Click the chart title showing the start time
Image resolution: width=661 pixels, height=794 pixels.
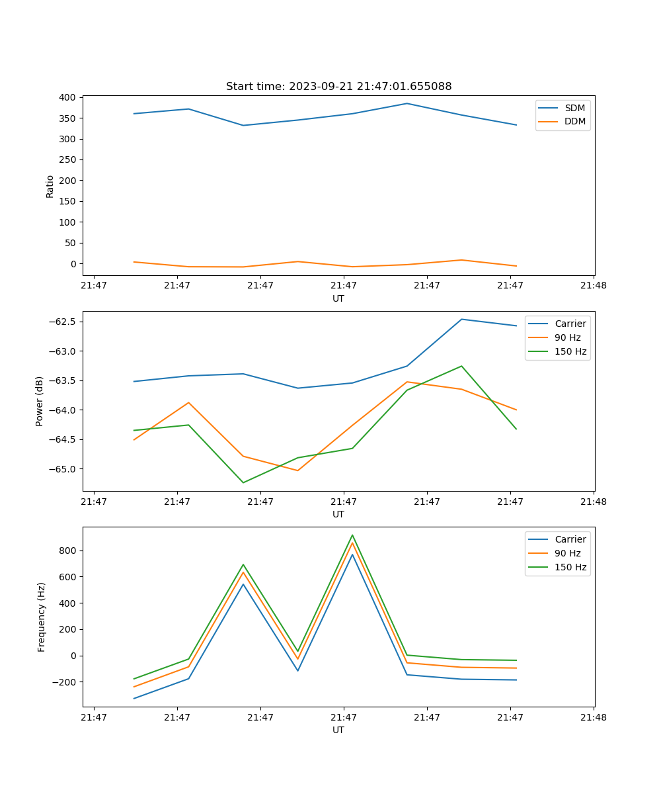338,87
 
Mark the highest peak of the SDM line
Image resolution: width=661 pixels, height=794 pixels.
407,103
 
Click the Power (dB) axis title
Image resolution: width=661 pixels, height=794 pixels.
40,401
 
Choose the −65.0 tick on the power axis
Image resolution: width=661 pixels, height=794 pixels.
63,469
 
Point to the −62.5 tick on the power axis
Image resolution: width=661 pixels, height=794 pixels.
63,322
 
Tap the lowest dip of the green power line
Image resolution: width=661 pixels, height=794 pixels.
243,482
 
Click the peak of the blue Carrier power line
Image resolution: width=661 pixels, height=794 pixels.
462,320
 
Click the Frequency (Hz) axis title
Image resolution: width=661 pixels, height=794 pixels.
41,617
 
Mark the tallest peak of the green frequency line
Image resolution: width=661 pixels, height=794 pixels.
352,535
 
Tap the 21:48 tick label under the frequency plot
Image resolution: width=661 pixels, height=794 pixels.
593,717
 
